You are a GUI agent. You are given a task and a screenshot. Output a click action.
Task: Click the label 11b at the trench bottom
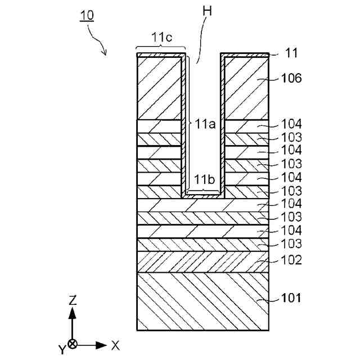pos(203,179)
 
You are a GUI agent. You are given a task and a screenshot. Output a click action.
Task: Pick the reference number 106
pos(292,78)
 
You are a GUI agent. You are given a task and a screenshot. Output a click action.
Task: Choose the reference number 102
pos(292,260)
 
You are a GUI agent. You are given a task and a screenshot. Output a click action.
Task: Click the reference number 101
pos(291,298)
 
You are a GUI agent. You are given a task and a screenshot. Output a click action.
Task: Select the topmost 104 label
pos(292,124)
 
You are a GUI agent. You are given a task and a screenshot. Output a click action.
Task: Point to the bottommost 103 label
pos(292,244)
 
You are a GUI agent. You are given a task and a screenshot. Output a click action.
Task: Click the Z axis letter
pos(73,300)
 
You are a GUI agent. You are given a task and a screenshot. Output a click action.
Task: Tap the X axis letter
pos(115,345)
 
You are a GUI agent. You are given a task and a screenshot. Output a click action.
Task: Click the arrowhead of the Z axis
pos(73,313)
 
